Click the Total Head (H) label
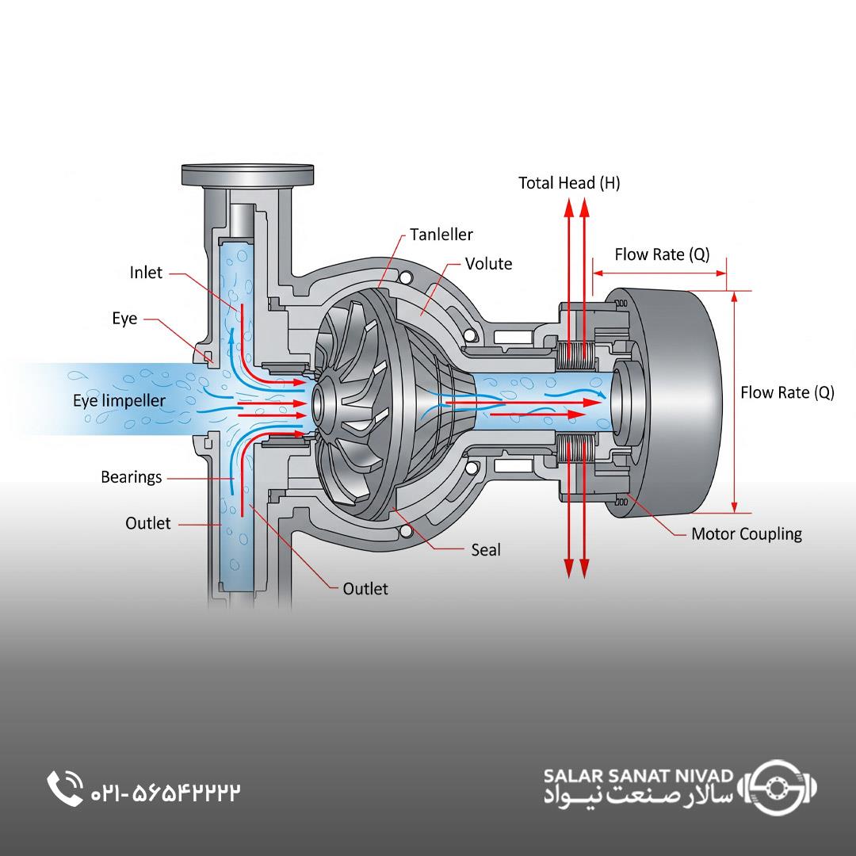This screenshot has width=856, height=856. click(569, 183)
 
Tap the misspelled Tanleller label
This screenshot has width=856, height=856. click(441, 234)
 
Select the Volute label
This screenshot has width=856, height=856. click(488, 264)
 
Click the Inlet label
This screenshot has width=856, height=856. click(146, 273)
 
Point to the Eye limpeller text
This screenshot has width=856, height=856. click(119, 400)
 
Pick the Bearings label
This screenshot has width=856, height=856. click(131, 477)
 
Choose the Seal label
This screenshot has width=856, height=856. click(485, 549)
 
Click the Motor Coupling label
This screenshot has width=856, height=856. click(746, 533)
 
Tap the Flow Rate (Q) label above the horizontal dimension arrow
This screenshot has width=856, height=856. click(662, 254)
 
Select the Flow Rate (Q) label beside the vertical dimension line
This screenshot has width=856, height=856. click(787, 392)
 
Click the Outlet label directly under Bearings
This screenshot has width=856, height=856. click(147, 523)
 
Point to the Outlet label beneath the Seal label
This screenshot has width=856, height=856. click(365, 589)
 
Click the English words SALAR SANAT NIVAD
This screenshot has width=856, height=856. click(638, 774)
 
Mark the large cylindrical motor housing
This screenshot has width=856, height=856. click(674, 400)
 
